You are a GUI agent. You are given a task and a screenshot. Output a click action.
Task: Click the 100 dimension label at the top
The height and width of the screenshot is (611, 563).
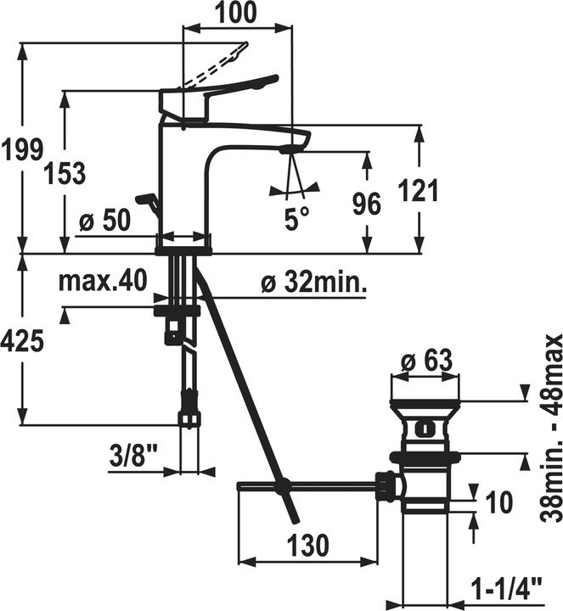pyautogui.click(x=237, y=12)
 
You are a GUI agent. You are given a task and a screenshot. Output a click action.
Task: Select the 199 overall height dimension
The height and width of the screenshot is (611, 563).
pyautogui.click(x=22, y=150)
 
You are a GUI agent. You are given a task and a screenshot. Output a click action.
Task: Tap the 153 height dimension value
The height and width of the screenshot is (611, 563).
pyautogui.click(x=65, y=173)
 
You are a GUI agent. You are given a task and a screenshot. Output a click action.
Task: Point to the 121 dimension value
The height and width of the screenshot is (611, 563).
pyautogui.click(x=419, y=191)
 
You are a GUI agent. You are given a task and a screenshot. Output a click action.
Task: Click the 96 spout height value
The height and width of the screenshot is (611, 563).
pyautogui.click(x=367, y=205)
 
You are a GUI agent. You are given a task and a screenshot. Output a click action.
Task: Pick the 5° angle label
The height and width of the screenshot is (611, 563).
pyautogui.click(x=296, y=220)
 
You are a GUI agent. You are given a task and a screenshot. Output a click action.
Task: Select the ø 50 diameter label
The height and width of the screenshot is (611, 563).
pyautogui.click(x=104, y=221)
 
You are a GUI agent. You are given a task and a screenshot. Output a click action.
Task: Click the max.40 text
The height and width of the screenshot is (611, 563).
pyautogui.click(x=103, y=281)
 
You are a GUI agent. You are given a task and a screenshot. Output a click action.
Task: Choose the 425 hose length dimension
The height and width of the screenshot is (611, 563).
pyautogui.click(x=22, y=340)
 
